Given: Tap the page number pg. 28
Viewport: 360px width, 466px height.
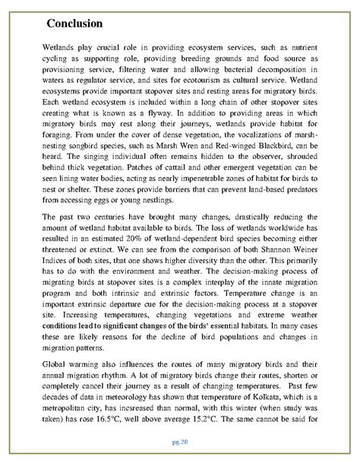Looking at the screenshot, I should [x=179, y=441].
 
